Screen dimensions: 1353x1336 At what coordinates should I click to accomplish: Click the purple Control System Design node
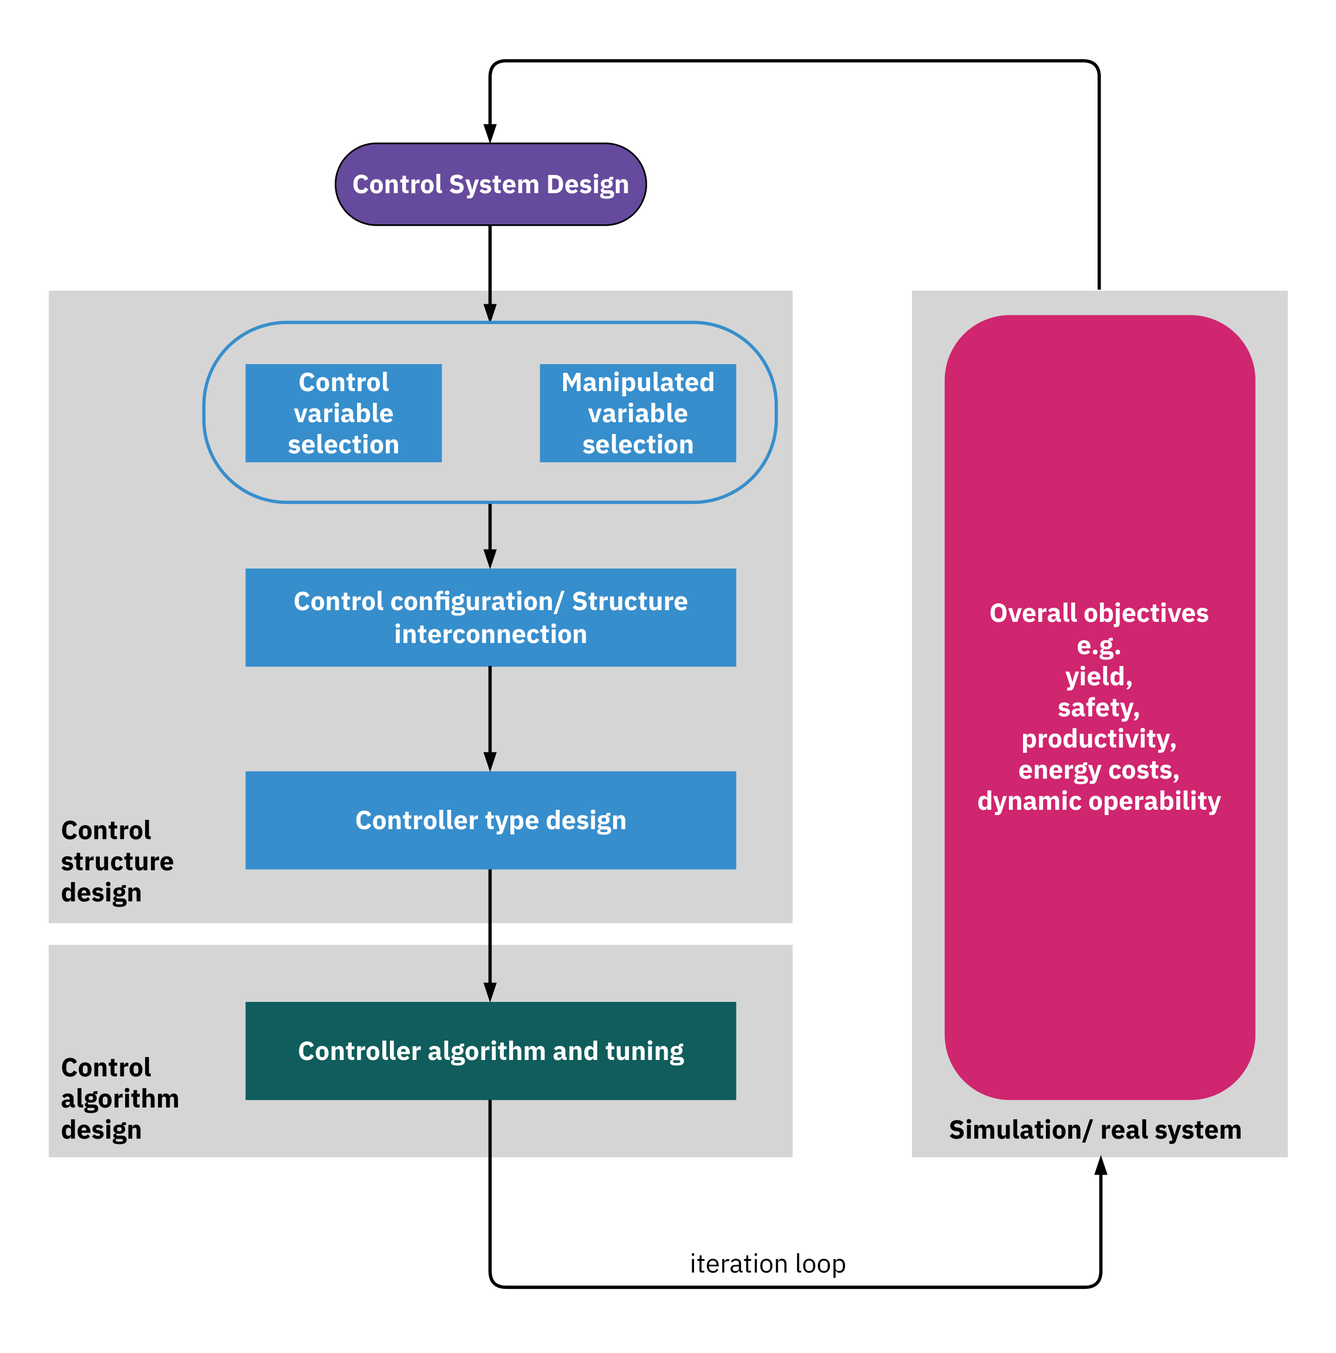[x=490, y=184]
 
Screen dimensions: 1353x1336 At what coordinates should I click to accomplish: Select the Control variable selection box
[x=343, y=413]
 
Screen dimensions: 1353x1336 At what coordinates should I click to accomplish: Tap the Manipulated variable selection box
[x=637, y=413]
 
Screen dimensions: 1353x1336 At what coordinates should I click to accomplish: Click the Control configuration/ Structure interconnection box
[x=490, y=617]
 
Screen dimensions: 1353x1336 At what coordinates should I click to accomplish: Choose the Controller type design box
[x=490, y=820]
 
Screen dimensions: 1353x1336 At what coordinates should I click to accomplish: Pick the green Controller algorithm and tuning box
[x=490, y=1051]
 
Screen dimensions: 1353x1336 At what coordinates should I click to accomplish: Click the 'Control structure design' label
[x=117, y=861]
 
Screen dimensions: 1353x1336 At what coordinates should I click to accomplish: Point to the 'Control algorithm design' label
[x=120, y=1098]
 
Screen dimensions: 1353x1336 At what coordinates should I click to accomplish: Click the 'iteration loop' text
[x=768, y=1264]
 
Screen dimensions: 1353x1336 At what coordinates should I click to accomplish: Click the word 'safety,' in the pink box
[x=1099, y=707]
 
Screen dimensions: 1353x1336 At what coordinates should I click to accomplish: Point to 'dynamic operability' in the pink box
[x=1099, y=801]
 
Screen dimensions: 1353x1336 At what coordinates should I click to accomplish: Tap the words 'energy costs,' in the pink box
[x=1099, y=770]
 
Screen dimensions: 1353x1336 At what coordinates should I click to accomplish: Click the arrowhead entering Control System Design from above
[x=490, y=133]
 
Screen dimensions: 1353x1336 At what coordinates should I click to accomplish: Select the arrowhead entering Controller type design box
[x=490, y=761]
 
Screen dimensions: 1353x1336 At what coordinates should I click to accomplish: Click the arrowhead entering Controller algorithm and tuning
[x=490, y=992]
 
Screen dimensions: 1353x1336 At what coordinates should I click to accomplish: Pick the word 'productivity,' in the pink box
[x=1099, y=739]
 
